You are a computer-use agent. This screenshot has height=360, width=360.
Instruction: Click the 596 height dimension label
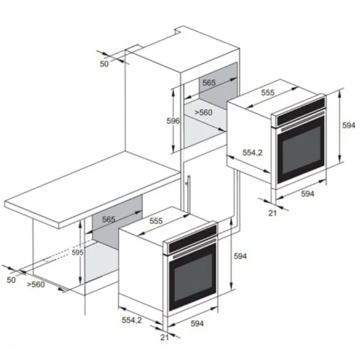pyautogui.click(x=173, y=121)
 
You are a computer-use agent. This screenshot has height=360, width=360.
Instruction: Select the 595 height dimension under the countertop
pyautogui.click(x=78, y=252)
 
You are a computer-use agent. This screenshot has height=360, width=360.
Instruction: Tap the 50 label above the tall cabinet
pyautogui.click(x=104, y=64)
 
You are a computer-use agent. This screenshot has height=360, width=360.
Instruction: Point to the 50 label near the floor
pyautogui.click(x=11, y=280)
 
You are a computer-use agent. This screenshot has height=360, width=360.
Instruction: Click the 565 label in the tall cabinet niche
pyautogui.click(x=209, y=83)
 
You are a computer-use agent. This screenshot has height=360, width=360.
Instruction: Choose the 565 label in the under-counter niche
pyautogui.click(x=109, y=220)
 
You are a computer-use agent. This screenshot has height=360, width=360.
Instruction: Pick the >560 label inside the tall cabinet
pyautogui.click(x=203, y=112)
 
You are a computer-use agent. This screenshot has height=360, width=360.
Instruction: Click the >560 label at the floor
pyautogui.click(x=36, y=284)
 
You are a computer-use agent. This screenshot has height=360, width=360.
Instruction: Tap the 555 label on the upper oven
pyautogui.click(x=268, y=92)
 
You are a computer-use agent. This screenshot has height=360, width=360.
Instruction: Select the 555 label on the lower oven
pyautogui.click(x=156, y=221)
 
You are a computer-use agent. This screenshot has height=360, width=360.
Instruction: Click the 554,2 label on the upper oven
pyautogui.click(x=253, y=153)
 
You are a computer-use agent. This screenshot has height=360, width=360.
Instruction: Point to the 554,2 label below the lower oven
pyautogui.click(x=132, y=320)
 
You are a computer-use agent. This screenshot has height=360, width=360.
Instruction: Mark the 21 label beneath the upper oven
pyautogui.click(x=272, y=213)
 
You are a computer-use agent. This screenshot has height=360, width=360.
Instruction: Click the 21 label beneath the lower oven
pyautogui.click(x=164, y=338)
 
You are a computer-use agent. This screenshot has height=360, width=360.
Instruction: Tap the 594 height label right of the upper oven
pyautogui.click(x=348, y=125)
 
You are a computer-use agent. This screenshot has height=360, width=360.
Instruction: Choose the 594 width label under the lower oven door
pyautogui.click(x=197, y=323)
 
